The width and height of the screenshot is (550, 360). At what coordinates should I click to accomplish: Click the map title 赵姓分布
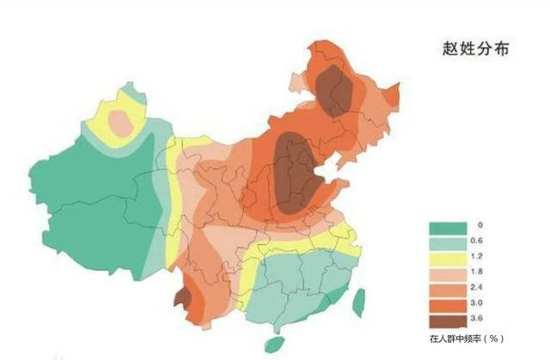(476, 49)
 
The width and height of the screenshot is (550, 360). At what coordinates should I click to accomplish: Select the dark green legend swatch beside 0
(447, 227)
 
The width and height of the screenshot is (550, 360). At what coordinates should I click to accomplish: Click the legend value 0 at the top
(480, 225)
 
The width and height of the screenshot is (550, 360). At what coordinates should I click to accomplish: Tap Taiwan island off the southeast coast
(359, 298)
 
